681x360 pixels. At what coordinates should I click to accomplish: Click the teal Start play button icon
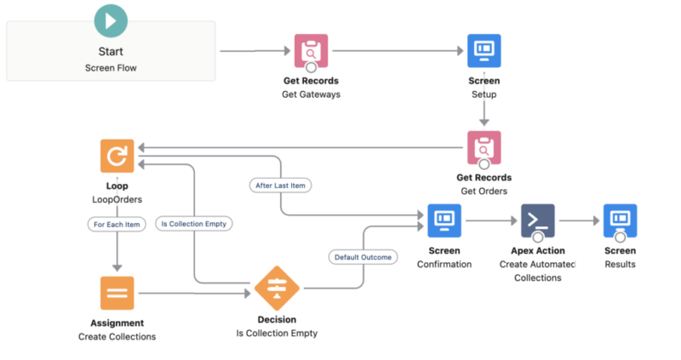point(111,20)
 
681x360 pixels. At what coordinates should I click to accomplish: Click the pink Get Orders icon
point(484,147)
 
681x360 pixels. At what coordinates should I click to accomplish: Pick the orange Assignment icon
point(117,293)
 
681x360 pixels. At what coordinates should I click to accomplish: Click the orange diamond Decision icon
point(277,289)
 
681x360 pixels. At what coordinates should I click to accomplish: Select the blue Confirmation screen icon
point(444,220)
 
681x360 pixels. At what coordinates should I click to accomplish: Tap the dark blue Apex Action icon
point(537,220)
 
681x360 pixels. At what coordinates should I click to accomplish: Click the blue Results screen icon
point(620,220)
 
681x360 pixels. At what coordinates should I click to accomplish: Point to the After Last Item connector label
point(282,185)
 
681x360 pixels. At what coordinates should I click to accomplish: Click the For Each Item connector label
point(117,225)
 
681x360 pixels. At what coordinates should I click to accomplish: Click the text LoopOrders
point(117,199)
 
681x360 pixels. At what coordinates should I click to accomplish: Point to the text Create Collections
point(117,336)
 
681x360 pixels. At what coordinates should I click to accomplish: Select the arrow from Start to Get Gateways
point(255,51)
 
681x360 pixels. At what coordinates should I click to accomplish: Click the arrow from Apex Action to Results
point(578,220)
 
